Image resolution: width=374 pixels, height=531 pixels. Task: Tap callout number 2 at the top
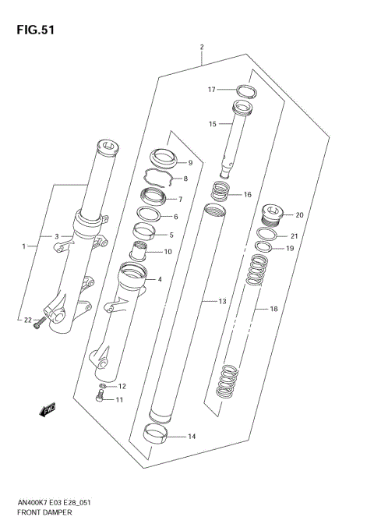tap(202, 48)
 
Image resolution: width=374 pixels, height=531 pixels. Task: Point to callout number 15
tap(212, 124)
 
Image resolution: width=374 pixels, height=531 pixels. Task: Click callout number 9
tap(189, 163)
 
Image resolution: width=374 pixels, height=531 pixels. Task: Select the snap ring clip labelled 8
tap(160, 178)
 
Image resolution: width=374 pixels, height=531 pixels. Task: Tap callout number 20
tap(298, 214)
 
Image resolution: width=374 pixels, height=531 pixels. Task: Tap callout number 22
tap(28, 320)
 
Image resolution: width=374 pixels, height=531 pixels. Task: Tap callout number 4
tap(159, 280)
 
